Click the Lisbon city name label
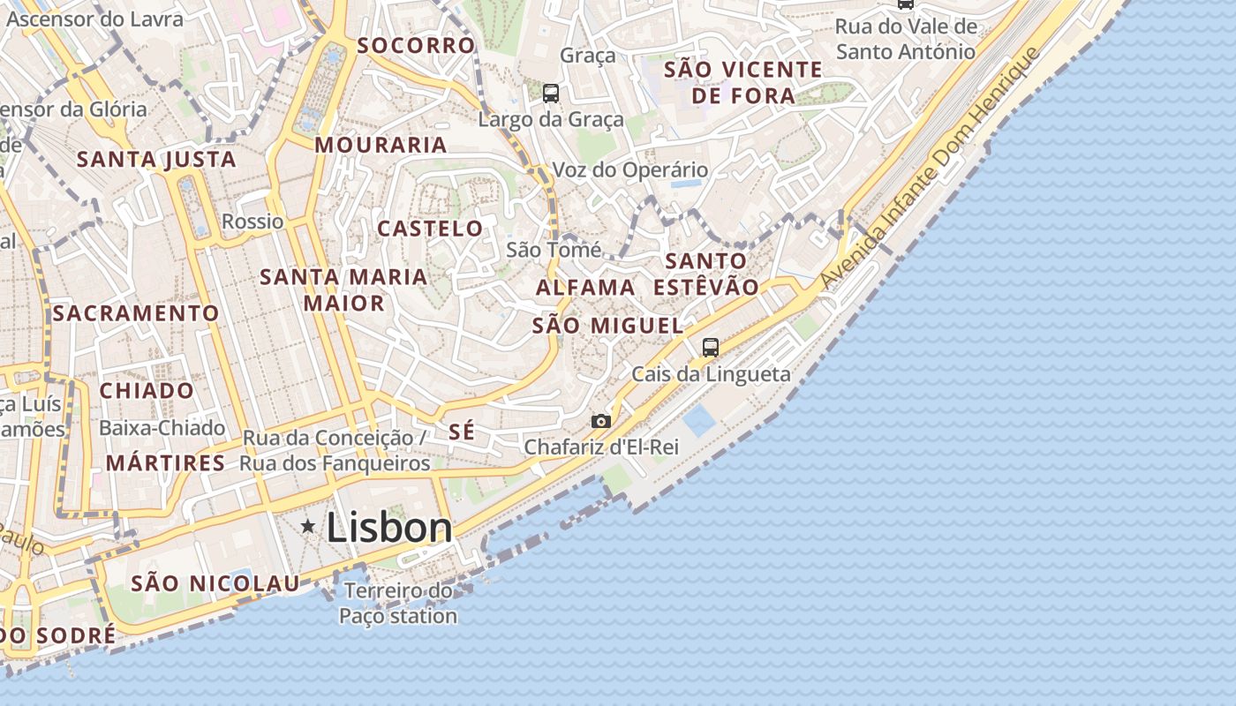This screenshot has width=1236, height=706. [x=389, y=528]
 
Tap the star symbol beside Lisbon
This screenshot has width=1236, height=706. [x=308, y=527]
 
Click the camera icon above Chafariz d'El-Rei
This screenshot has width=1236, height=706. [x=601, y=421]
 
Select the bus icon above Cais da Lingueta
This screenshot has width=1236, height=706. [x=711, y=347]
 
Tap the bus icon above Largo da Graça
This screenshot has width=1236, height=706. [x=551, y=93]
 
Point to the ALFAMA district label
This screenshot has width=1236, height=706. [x=585, y=288]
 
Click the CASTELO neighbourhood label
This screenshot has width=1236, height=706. [x=431, y=229]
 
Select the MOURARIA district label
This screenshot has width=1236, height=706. [x=381, y=145]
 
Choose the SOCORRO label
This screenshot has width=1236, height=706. [x=416, y=46]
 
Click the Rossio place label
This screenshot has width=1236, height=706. [x=252, y=222]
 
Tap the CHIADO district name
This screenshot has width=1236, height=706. [x=147, y=390]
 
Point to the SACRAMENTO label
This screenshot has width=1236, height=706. [x=135, y=313]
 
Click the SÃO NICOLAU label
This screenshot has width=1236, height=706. [x=215, y=583]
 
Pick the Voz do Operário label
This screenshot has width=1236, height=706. [x=630, y=169]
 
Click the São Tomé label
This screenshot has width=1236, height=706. [x=554, y=250]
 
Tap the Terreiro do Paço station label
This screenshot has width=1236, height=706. [x=398, y=604]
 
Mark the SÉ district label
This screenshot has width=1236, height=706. [x=462, y=432]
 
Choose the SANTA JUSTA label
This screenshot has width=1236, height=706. [x=156, y=160]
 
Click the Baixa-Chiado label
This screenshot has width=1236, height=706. [x=162, y=428]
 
